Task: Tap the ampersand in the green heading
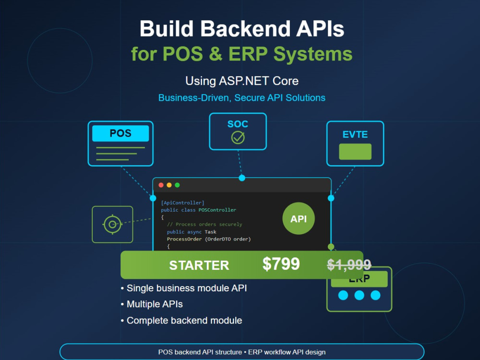[216, 54]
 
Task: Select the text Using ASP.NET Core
[242, 81]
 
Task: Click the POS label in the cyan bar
[120, 133]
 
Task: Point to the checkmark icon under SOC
[238, 137]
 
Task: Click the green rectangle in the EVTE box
[355, 152]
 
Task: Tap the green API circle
[299, 218]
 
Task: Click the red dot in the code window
[161, 185]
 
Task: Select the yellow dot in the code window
[169, 185]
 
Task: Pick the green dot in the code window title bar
[177, 185]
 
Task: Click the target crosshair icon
[112, 224]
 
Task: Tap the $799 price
[281, 264]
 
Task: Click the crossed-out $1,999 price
[349, 265]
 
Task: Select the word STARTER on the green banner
[199, 265]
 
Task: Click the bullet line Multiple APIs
[152, 304]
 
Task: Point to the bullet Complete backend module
[181, 321]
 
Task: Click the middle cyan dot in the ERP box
[359, 295]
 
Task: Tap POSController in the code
[217, 210]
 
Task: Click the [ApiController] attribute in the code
[182, 203]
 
